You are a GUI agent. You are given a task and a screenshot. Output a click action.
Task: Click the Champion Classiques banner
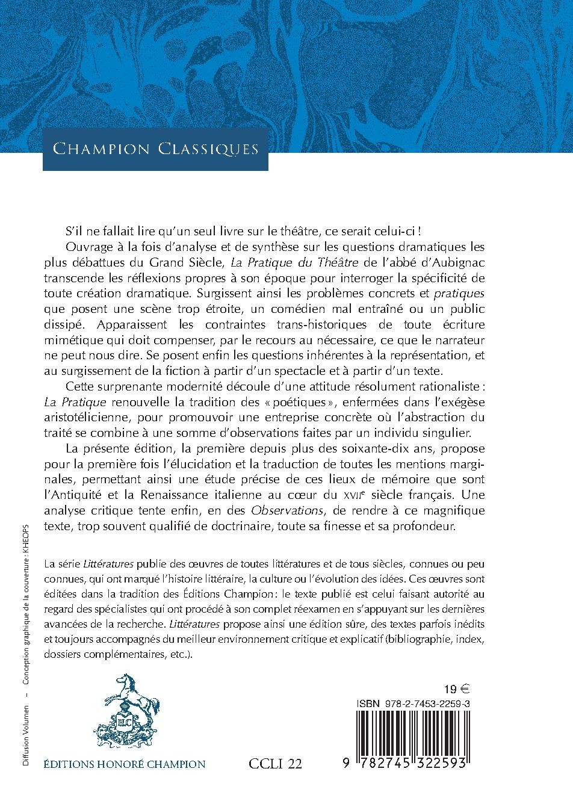155,148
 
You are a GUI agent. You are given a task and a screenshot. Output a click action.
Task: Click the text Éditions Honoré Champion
125,764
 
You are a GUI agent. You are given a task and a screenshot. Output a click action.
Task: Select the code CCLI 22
275,764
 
